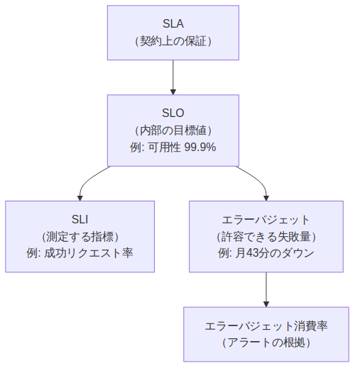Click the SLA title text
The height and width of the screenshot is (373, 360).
[x=173, y=24]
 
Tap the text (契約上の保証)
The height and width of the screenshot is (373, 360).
[x=173, y=41]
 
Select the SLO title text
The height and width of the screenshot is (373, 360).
[x=173, y=113]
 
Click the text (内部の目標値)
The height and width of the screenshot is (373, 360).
[x=173, y=130]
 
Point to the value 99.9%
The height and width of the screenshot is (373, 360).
[x=200, y=147]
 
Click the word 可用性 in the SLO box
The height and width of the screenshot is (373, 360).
[x=164, y=147]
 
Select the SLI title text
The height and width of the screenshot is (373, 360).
[x=80, y=219]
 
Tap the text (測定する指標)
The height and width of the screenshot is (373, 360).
[x=80, y=236]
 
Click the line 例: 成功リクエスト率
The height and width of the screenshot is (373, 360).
[x=80, y=254]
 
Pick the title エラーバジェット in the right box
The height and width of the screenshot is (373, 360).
[x=266, y=219]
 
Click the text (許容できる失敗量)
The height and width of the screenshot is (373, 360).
[x=266, y=236]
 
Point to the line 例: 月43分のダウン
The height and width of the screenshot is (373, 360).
[x=266, y=254]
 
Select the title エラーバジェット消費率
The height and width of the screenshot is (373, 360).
[x=266, y=325]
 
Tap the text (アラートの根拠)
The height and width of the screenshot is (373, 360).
[x=266, y=343]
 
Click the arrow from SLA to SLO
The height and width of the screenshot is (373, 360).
[x=173, y=76]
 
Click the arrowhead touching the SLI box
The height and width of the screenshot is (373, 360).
[x=80, y=197]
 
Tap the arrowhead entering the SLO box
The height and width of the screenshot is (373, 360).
[x=173, y=91]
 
